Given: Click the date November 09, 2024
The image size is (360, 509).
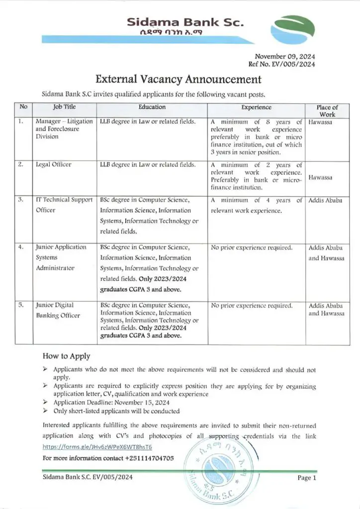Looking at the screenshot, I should pos(285,56).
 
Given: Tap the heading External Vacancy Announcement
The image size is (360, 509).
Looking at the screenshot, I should pos(178,80).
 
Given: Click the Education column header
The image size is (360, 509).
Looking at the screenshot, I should pos(152,107).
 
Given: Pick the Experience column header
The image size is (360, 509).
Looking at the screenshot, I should pos(256,107).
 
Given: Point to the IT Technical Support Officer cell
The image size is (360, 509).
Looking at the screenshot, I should pos(64,205).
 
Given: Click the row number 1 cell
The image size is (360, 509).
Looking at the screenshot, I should pos(23,121).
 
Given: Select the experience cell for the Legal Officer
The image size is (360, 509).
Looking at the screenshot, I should pos(256,176).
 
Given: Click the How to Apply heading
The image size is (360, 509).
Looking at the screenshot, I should pos(66,356).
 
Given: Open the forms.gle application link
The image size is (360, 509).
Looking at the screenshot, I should pos(89,447).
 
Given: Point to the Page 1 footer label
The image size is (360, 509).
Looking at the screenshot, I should pos(306,478).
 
